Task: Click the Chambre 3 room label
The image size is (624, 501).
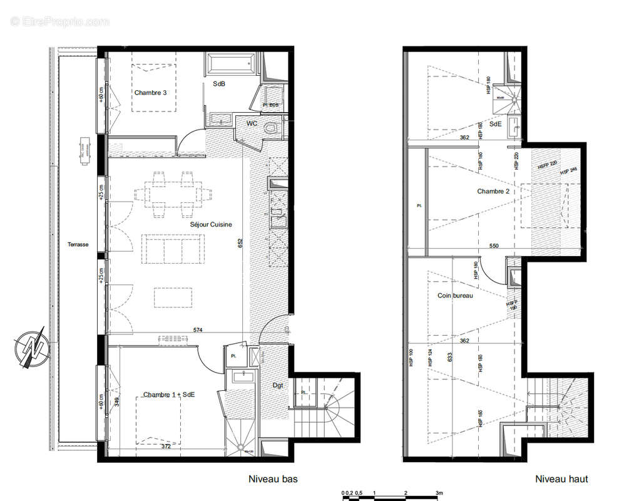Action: (150, 93)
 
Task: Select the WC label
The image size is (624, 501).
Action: (252, 123)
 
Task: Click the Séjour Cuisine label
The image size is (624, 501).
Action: (211, 224)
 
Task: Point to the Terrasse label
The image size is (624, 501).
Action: (78, 245)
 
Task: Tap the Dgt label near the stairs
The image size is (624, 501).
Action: (278, 385)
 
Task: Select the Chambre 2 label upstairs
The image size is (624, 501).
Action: (493, 192)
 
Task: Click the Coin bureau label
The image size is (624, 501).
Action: (455, 295)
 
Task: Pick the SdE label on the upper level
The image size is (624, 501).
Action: (495, 124)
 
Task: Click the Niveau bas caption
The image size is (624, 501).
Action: (273, 479)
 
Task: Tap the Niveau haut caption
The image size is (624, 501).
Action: (561, 479)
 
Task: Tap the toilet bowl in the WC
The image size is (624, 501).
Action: (271, 128)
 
